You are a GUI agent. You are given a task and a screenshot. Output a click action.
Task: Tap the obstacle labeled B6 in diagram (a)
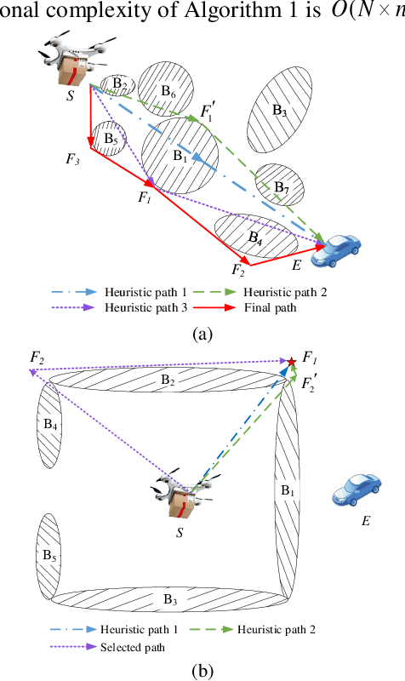[168, 90]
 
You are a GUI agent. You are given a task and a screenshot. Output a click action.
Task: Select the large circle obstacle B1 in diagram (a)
[180, 156]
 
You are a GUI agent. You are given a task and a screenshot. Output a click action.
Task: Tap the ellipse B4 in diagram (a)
[255, 236]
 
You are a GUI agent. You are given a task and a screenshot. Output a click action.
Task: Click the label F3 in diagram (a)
[73, 157]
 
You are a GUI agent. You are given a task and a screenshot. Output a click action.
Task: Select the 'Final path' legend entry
[271, 307]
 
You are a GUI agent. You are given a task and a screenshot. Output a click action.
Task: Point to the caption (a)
[202, 333]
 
